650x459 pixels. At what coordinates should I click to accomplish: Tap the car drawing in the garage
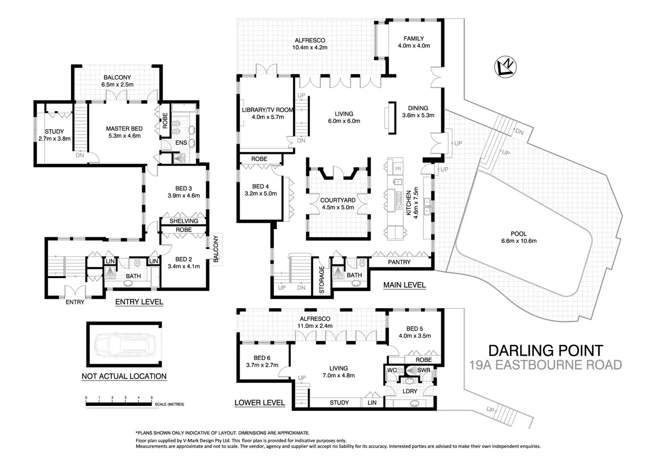click(124, 344)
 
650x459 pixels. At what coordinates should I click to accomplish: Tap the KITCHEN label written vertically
click(409, 203)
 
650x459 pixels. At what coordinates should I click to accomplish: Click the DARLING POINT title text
click(545, 351)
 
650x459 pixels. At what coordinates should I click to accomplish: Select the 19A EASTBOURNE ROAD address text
click(545, 365)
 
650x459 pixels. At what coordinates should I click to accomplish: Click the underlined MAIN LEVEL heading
click(404, 285)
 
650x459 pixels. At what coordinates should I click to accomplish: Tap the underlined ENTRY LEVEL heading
click(139, 302)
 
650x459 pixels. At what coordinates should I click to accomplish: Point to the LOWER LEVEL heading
click(259, 403)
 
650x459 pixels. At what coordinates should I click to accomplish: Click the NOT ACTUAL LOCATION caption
click(124, 376)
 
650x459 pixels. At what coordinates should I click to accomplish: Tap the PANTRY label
click(399, 262)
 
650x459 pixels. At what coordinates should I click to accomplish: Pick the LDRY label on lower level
click(410, 391)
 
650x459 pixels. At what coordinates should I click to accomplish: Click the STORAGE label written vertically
click(321, 280)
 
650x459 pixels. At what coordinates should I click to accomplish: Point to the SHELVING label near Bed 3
click(184, 221)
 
